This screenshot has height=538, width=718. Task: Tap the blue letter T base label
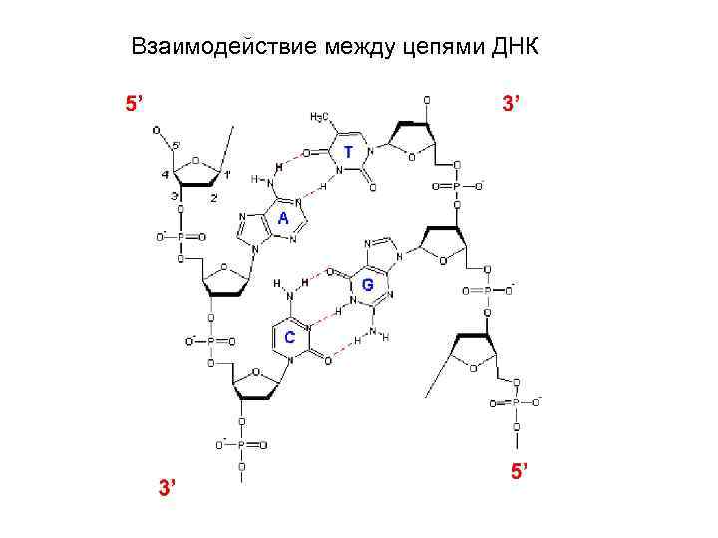tap(347, 152)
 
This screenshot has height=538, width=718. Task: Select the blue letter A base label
tap(283, 219)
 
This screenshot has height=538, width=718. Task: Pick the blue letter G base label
tap(368, 285)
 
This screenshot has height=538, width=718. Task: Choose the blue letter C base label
tap(289, 337)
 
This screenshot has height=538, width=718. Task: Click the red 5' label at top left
tap(134, 103)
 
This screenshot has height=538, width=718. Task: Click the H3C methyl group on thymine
tap(320, 117)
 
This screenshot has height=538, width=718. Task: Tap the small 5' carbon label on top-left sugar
tap(176, 146)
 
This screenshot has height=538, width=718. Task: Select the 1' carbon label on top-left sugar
tap(227, 175)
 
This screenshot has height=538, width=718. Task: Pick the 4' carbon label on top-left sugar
tap(164, 176)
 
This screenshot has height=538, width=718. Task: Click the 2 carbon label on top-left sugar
tap(213, 198)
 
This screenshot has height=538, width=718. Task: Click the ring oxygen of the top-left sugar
tap(194, 160)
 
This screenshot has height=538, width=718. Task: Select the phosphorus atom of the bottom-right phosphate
tap(516, 403)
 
